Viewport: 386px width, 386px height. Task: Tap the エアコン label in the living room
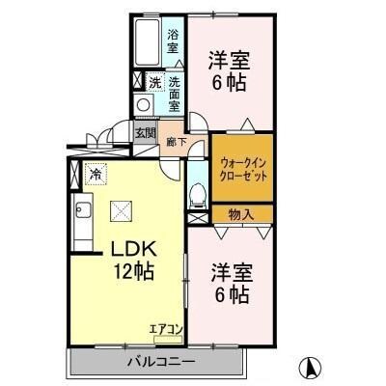166,329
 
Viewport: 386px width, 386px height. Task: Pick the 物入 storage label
241,214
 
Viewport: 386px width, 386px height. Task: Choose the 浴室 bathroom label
172,41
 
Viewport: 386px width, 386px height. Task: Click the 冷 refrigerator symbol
96,175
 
